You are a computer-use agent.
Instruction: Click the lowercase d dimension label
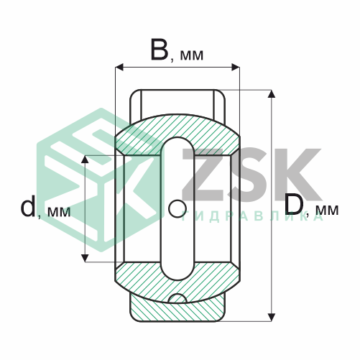(x=27, y=207)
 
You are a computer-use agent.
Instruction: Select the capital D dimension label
(x=295, y=204)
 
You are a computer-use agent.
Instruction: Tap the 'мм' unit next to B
(x=190, y=55)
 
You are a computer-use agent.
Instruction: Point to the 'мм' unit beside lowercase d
(x=57, y=212)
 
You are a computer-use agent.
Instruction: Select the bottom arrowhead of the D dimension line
(x=272, y=316)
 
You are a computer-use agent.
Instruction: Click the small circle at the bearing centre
(x=176, y=208)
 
